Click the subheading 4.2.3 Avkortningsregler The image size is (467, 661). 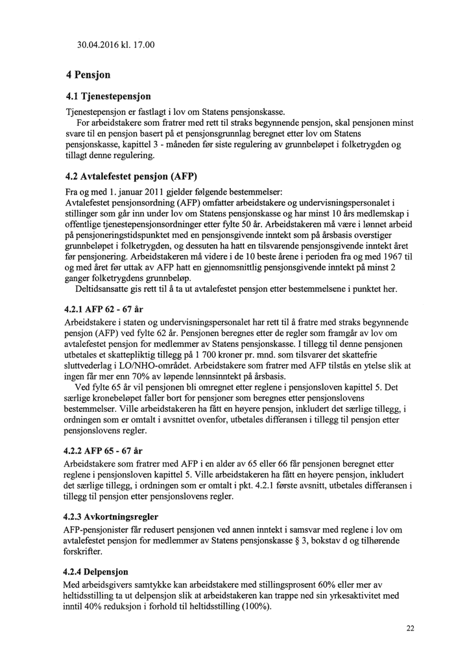pos(111,518)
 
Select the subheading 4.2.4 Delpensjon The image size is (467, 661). pos(96,573)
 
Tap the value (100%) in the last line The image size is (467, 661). pos(257,607)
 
